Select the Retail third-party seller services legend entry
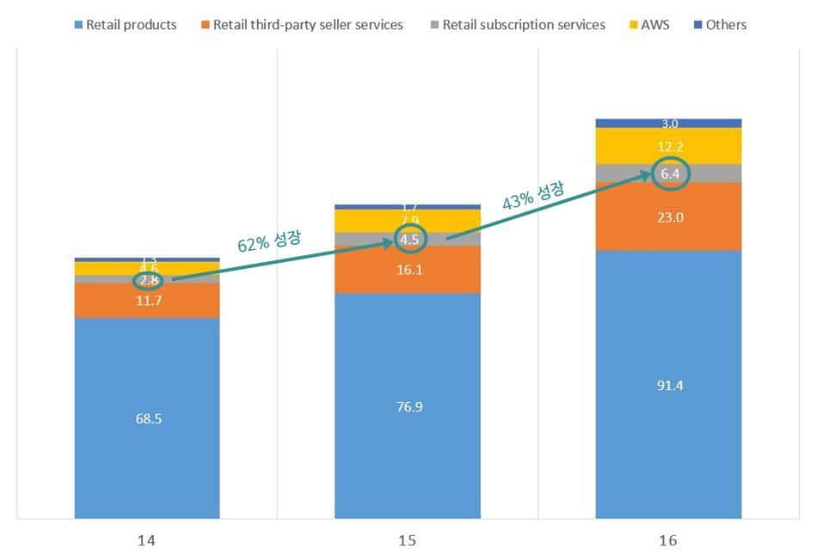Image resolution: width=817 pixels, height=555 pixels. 304,25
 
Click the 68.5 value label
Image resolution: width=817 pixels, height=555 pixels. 147,419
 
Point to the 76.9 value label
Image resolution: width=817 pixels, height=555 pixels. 408,406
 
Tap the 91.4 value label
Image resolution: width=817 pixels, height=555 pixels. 668,386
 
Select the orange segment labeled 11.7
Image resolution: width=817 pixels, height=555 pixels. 147,301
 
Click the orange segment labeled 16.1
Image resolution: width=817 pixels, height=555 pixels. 408,270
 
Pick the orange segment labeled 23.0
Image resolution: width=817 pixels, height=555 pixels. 668,217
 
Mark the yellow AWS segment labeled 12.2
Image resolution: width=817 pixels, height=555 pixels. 668,147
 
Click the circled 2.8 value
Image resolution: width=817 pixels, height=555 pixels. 147,280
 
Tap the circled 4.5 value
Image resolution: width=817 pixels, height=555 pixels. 409,240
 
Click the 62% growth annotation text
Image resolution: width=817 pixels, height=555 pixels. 269,241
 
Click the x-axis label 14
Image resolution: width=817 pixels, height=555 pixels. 147,540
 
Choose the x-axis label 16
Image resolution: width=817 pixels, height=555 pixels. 668,540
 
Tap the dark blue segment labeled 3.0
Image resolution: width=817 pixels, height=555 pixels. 668,124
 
